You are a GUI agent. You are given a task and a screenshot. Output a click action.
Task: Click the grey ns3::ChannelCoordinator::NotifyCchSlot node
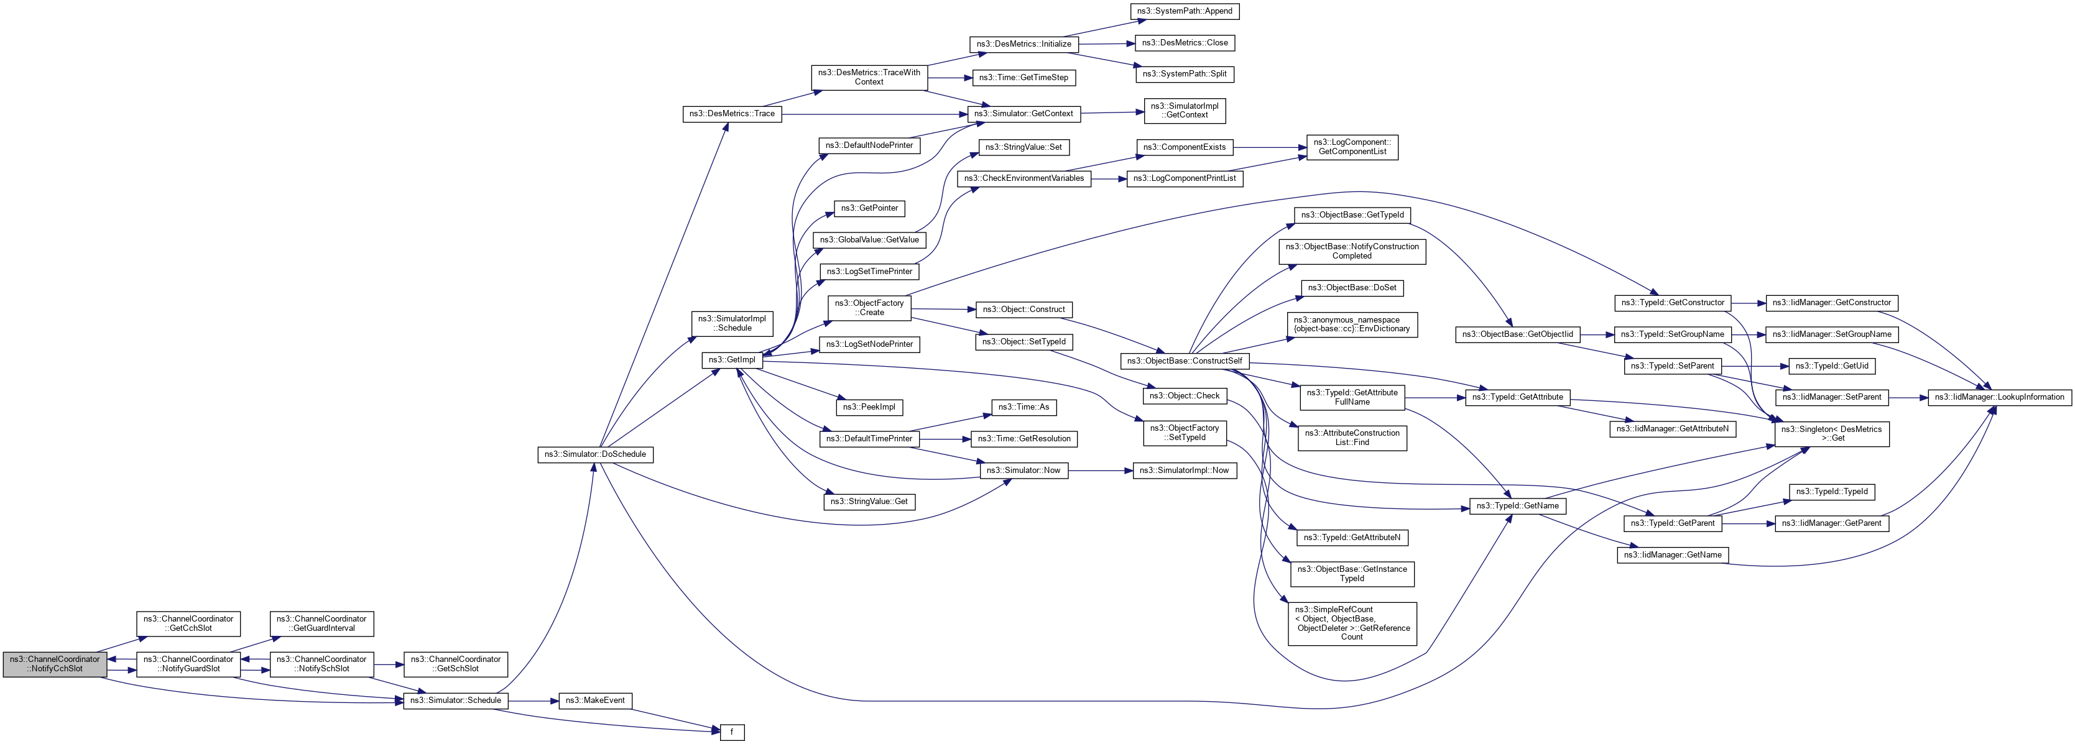55,664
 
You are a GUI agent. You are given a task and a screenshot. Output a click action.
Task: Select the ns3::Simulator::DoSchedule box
595,454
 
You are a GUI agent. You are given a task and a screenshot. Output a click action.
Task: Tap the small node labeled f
731,732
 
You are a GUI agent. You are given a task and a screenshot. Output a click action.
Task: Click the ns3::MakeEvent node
594,700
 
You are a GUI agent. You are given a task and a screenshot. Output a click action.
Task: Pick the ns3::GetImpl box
731,360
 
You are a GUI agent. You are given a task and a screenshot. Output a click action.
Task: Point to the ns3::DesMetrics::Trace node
731,114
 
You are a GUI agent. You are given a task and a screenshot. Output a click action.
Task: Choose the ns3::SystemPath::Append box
1184,11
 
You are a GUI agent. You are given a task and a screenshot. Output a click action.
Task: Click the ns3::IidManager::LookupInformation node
1999,397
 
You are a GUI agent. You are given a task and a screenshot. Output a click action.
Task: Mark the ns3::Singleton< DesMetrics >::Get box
1832,434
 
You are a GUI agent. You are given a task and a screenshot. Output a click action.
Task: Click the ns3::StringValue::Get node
869,502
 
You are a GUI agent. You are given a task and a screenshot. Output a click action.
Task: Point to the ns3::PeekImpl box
869,408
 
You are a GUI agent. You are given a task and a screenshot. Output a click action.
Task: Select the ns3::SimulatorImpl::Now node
1184,471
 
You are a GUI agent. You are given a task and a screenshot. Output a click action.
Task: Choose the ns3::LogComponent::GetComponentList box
1352,147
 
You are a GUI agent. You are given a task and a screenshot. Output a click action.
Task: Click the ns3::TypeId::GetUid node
1832,365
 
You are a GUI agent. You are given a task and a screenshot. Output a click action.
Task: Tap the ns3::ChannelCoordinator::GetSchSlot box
455,664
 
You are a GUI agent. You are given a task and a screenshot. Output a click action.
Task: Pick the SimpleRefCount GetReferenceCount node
1352,623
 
